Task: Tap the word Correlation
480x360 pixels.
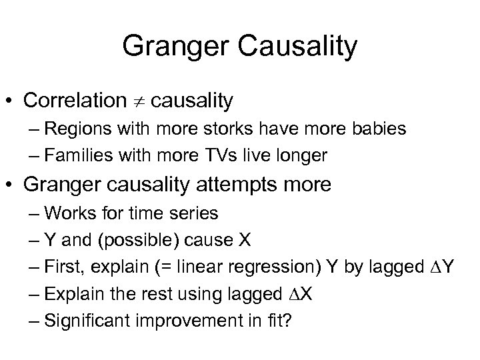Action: (x=73, y=101)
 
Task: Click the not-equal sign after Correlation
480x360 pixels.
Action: (x=138, y=101)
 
